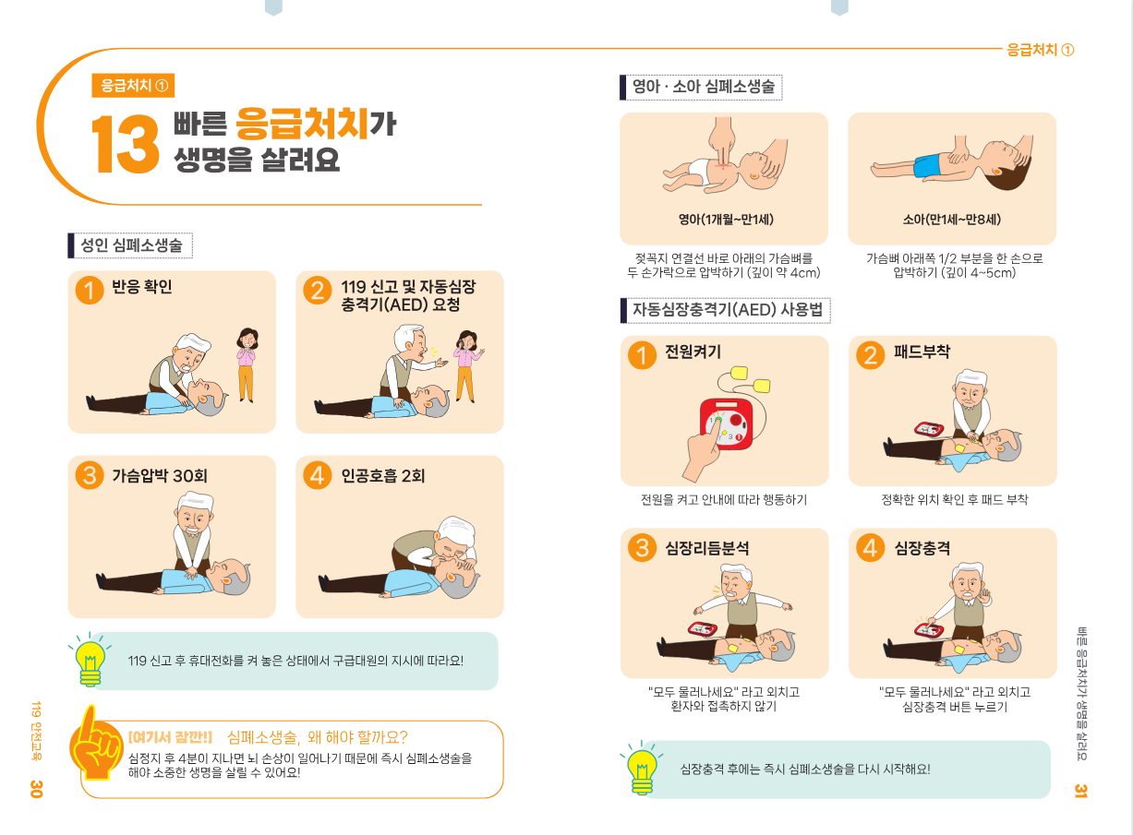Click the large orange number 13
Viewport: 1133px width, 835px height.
click(x=125, y=144)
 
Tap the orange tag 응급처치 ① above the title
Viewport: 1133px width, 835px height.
click(x=133, y=86)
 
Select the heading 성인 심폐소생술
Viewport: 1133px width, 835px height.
click(x=131, y=245)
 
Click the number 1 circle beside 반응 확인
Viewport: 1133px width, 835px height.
click(x=90, y=290)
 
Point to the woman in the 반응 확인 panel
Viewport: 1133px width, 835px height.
click(x=247, y=364)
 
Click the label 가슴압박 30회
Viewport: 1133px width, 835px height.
click(x=160, y=475)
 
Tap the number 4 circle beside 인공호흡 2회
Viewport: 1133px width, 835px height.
click(x=317, y=475)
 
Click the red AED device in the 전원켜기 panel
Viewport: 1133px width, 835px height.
click(x=727, y=423)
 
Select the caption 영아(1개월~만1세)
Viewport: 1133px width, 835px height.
click(x=726, y=220)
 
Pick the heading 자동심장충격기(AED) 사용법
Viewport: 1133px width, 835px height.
click(x=728, y=309)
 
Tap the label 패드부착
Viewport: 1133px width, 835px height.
click(x=922, y=352)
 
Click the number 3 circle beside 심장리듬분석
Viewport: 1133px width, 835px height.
click(x=642, y=547)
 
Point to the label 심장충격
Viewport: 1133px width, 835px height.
click(x=922, y=548)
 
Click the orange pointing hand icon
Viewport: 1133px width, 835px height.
click(x=94, y=743)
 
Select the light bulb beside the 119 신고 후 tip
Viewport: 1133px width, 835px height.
click(x=90, y=659)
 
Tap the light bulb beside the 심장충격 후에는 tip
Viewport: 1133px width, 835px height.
click(x=642, y=768)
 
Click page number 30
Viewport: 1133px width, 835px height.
click(x=36, y=789)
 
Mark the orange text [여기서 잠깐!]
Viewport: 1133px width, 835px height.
click(x=170, y=737)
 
